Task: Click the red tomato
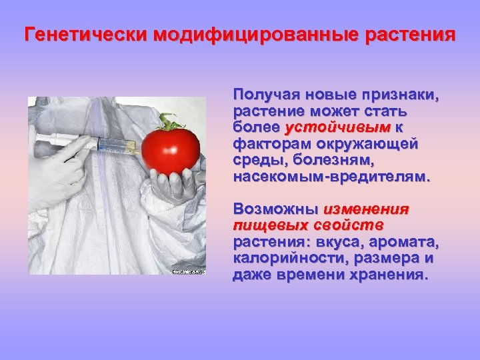pos(171,148)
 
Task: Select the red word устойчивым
pos(337,127)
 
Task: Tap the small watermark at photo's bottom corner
pos(189,271)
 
